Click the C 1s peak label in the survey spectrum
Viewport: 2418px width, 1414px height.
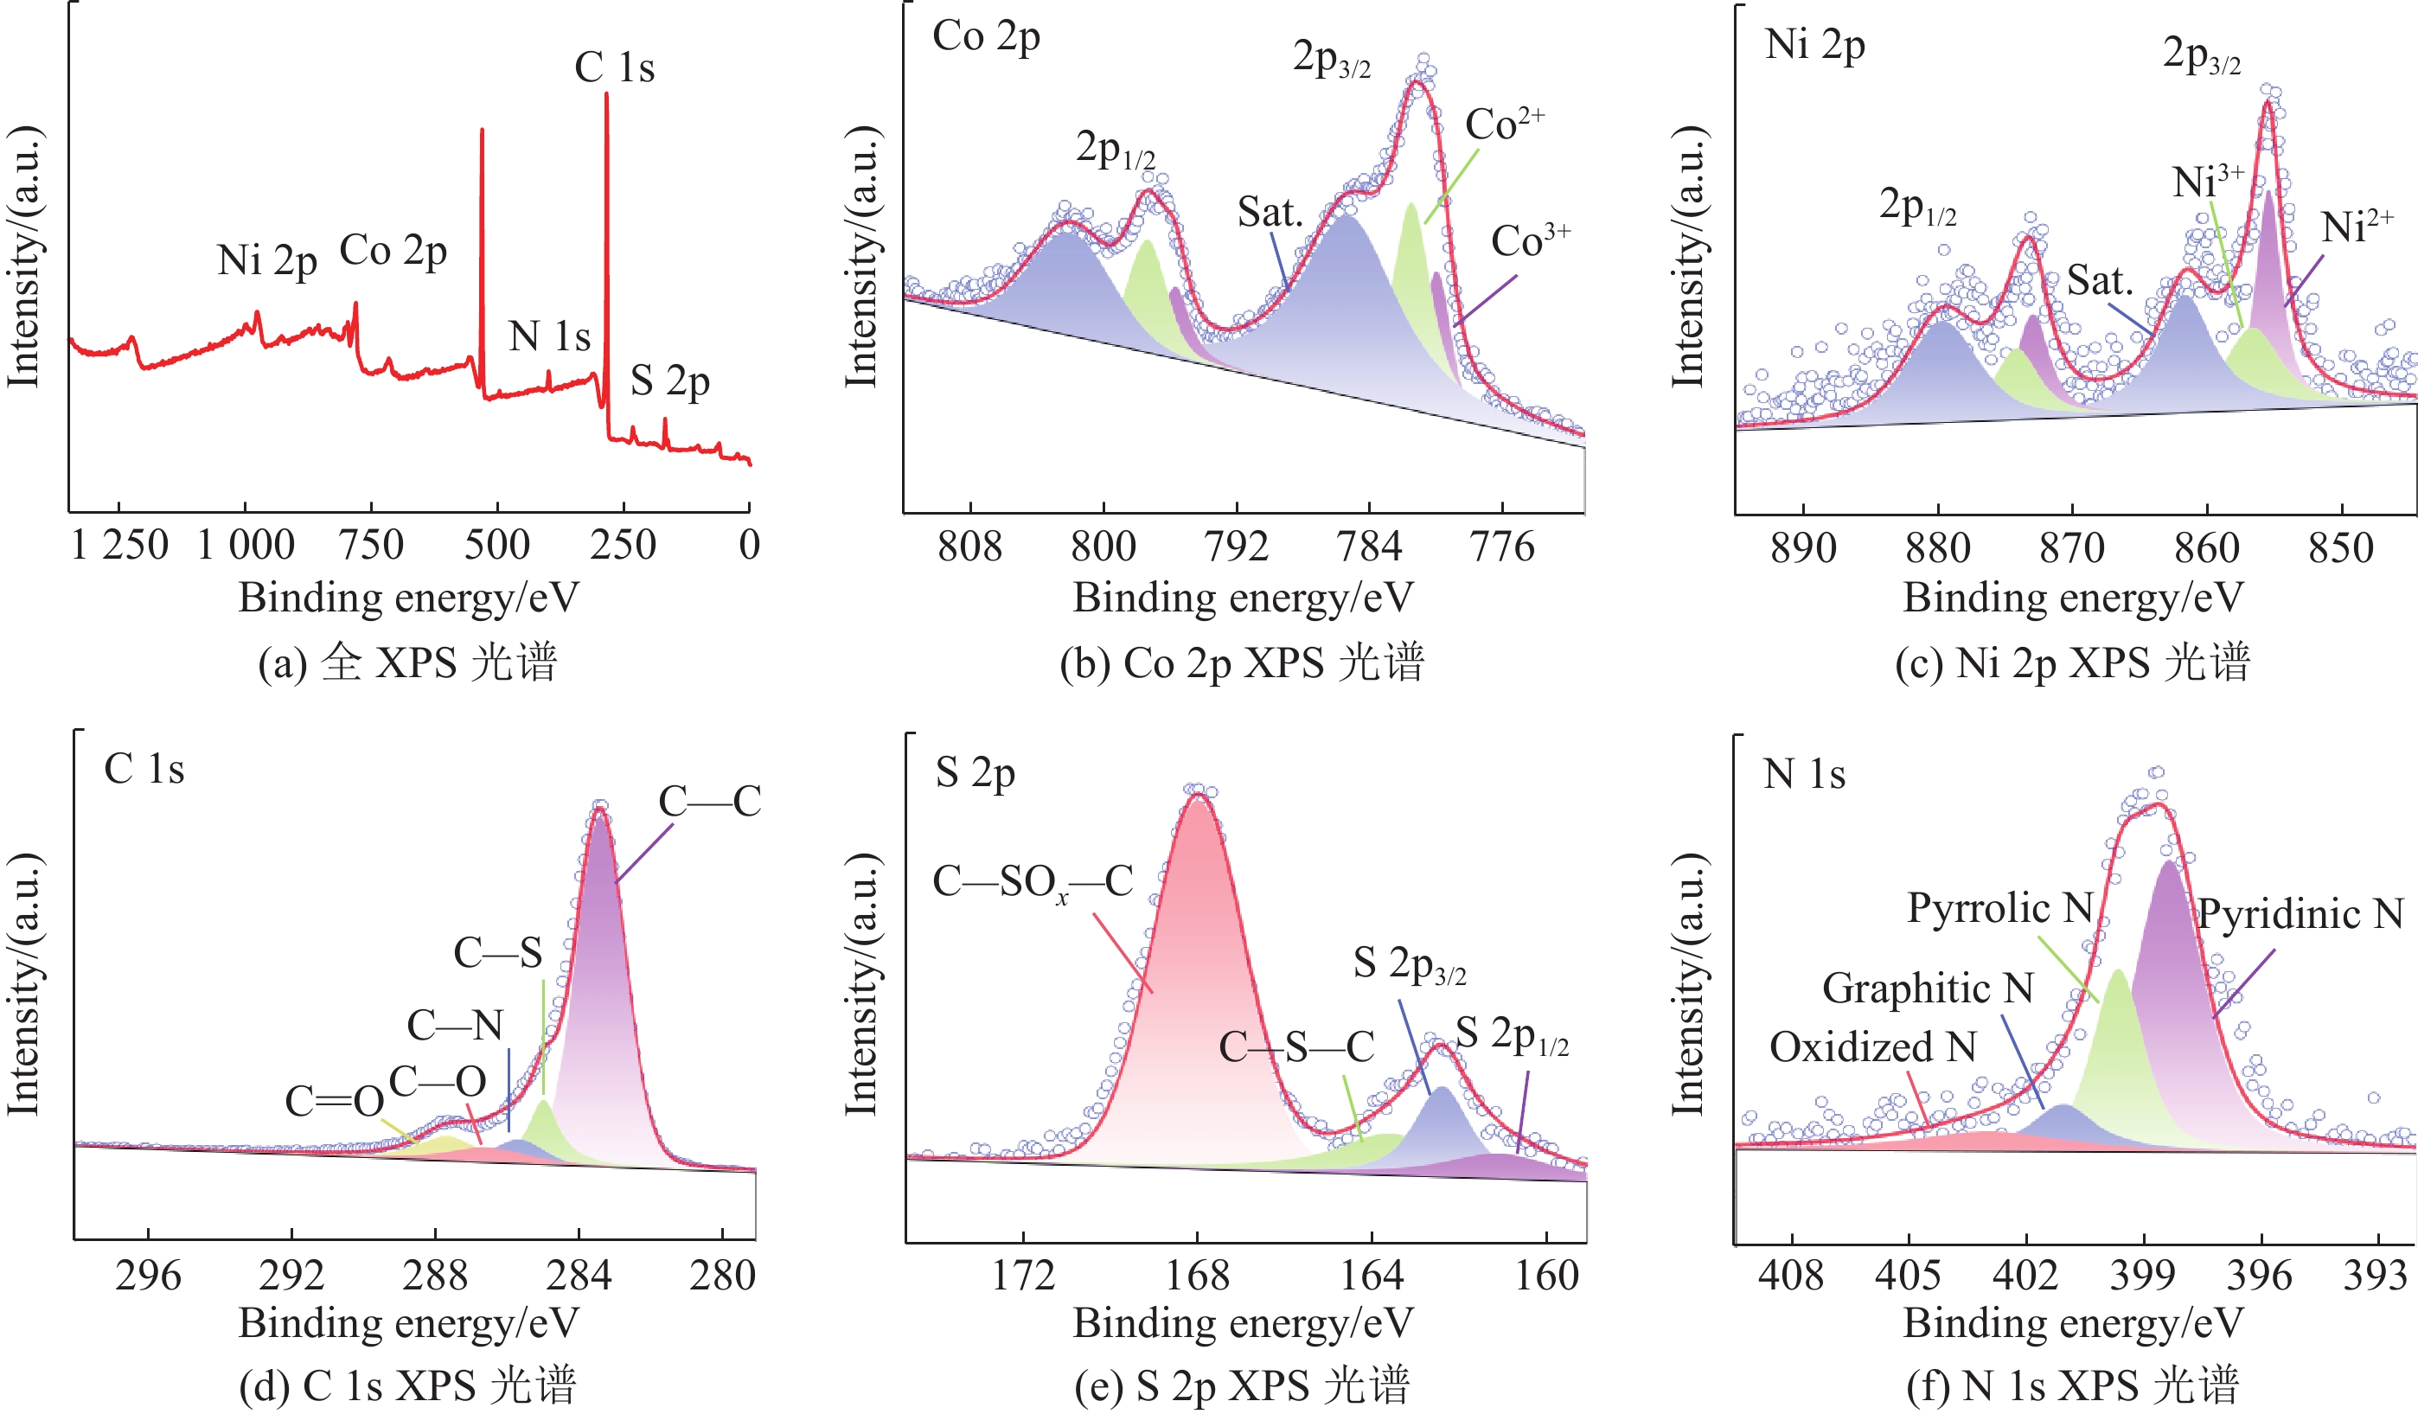(614, 68)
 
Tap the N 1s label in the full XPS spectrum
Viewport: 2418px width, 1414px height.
(549, 336)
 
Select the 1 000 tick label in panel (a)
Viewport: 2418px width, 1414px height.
(246, 546)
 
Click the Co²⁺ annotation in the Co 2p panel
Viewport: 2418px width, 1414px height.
(1504, 124)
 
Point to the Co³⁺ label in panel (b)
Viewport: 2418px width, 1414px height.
(1530, 240)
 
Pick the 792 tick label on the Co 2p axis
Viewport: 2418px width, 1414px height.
(1236, 547)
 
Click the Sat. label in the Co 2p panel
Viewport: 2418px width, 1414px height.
(1270, 212)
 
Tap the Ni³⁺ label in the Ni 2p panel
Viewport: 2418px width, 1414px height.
(2207, 181)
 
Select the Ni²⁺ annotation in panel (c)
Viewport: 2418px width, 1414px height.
(2357, 227)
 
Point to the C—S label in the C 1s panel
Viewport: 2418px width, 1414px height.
(497, 952)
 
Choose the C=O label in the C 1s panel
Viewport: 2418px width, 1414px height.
(334, 1101)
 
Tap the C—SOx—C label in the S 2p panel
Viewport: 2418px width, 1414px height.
(1033, 881)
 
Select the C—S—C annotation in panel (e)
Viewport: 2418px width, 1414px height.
(1296, 1047)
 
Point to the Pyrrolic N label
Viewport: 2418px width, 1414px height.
(1999, 907)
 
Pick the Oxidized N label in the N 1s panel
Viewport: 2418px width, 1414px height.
(1872, 1046)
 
